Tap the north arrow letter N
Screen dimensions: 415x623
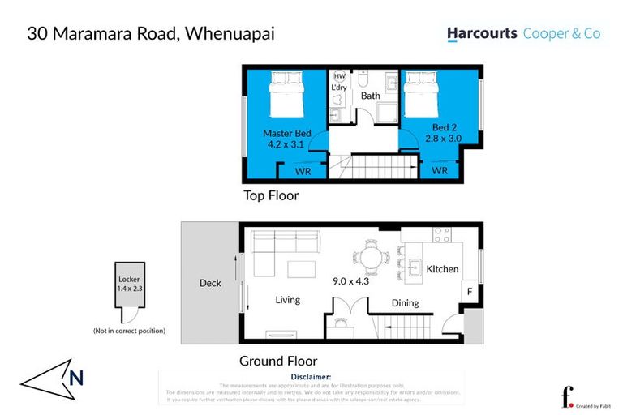click(x=75, y=376)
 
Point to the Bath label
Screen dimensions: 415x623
click(x=370, y=96)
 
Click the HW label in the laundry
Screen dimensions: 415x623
click(x=339, y=75)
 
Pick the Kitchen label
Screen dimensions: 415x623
click(x=442, y=268)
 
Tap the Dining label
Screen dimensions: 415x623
click(x=405, y=303)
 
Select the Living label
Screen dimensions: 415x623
click(x=287, y=299)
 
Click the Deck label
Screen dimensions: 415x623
click(x=210, y=283)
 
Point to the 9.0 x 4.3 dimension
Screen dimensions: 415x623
click(x=350, y=281)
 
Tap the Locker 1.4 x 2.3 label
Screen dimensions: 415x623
click(x=129, y=284)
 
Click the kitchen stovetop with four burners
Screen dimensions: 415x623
click(x=442, y=234)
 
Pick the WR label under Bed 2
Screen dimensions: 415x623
click(x=440, y=171)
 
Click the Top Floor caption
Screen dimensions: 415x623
click(x=271, y=195)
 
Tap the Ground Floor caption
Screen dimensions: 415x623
click(x=277, y=361)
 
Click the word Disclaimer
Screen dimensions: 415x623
click(x=311, y=377)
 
